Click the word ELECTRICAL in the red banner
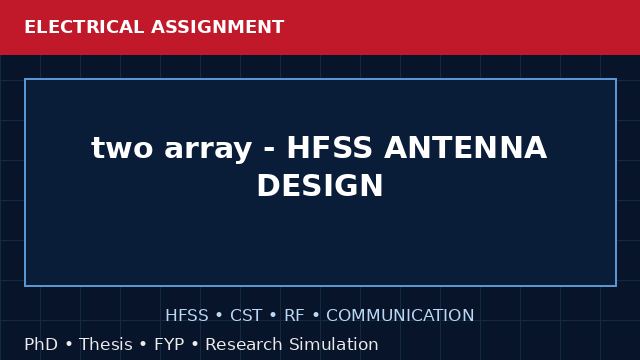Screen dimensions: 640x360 (84, 27)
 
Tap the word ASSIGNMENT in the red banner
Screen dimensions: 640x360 (218, 27)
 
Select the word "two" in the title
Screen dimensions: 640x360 (122, 148)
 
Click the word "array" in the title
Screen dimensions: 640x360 (208, 150)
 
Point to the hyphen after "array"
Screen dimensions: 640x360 (269, 149)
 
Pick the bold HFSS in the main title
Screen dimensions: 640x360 (329, 147)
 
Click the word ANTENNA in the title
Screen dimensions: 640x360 (465, 147)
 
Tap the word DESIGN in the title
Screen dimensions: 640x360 (320, 185)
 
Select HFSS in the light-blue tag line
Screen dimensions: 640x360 (187, 316)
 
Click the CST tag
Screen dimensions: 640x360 (246, 316)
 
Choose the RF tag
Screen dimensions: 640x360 (294, 316)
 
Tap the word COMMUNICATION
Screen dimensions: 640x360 (400, 316)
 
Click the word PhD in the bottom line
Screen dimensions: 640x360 (41, 344)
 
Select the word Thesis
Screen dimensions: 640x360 (106, 344)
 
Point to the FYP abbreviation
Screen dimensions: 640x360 (169, 344)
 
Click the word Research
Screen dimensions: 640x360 (244, 344)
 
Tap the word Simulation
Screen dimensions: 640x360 (334, 344)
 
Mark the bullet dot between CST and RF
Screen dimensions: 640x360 (273, 316)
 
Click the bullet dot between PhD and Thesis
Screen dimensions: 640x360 (69, 344)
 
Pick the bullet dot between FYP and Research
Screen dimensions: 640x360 (195, 344)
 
